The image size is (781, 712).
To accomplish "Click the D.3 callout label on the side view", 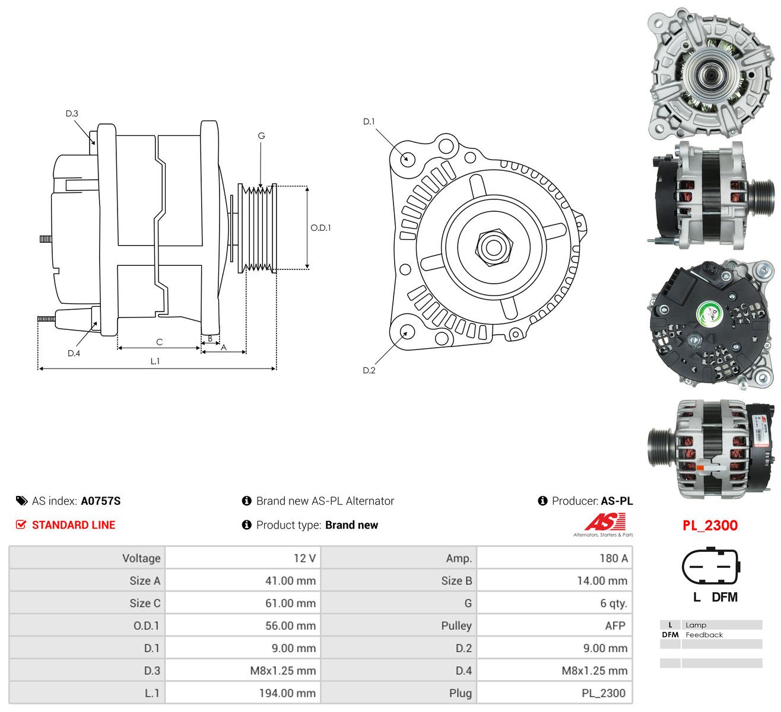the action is (x=72, y=113).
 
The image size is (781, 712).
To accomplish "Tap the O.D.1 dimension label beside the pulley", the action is (x=320, y=228).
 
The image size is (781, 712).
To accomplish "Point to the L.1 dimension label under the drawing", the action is (x=155, y=361).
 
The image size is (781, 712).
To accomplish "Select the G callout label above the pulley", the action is (x=261, y=136).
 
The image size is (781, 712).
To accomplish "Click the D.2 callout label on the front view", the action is (x=369, y=370).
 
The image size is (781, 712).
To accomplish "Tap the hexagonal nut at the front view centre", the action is (x=494, y=247).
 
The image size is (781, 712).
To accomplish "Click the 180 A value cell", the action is (x=614, y=558).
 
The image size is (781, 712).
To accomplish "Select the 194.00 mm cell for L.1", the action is (x=287, y=693).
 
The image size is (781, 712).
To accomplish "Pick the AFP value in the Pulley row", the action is (x=615, y=625).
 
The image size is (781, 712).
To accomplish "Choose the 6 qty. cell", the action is (x=614, y=603).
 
